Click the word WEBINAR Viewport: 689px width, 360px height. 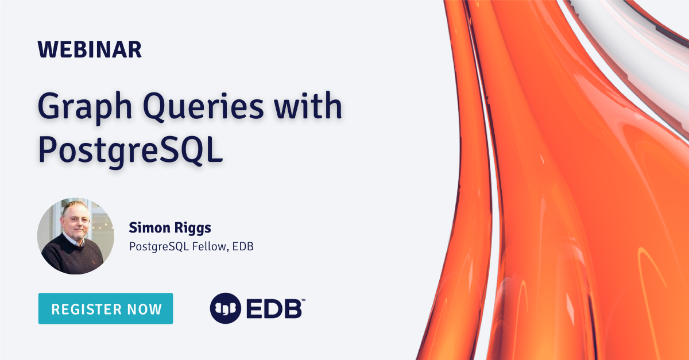[90, 49]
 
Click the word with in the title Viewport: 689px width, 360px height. [308, 104]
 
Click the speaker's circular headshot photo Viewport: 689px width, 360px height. [76, 236]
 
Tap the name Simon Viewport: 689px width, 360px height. [149, 228]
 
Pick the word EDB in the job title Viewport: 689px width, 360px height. [243, 246]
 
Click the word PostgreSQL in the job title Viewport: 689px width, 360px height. [159, 247]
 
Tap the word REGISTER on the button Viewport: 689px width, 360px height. [87, 309]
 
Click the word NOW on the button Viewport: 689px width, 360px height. [145, 309]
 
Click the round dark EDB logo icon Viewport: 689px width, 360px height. [226, 308]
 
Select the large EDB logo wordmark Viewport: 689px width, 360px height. [274, 308]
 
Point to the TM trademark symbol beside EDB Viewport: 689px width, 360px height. [303, 300]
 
